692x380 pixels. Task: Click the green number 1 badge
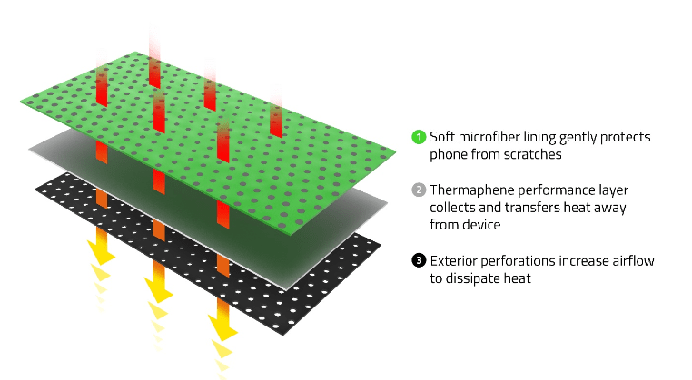point(419,137)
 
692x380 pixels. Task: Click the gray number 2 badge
point(419,190)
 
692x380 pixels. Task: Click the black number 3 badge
point(419,261)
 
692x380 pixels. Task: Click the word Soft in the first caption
point(443,137)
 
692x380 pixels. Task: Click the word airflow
point(632,261)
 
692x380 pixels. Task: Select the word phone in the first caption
point(449,154)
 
